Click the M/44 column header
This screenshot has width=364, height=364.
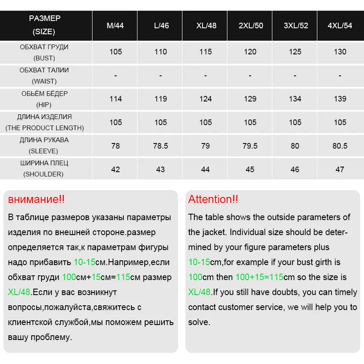click(x=115, y=26)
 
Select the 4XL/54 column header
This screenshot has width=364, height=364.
click(x=340, y=26)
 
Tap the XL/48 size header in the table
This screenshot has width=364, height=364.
click(x=206, y=26)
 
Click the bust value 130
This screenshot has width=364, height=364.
click(x=340, y=52)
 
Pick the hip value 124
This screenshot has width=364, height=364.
click(x=206, y=99)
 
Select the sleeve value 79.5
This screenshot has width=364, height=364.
click(x=250, y=146)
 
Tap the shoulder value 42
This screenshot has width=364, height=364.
click(x=115, y=170)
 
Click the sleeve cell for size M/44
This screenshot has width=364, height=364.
click(x=115, y=146)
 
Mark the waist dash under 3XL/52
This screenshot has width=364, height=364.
click(x=295, y=76)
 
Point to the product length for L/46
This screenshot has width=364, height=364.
click(x=161, y=122)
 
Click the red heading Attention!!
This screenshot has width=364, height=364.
click(x=213, y=199)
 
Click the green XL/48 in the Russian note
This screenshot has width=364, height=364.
click(x=19, y=292)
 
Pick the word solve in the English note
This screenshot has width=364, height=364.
click(x=199, y=322)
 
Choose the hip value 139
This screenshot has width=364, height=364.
click(x=340, y=99)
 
